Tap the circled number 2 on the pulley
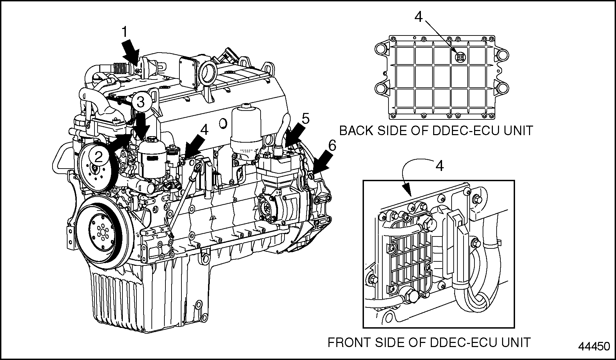99,157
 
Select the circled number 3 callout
141,101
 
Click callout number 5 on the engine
305,119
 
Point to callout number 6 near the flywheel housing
332,146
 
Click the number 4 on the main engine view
204,129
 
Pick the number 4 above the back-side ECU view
419,16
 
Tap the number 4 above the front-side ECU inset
440,166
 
